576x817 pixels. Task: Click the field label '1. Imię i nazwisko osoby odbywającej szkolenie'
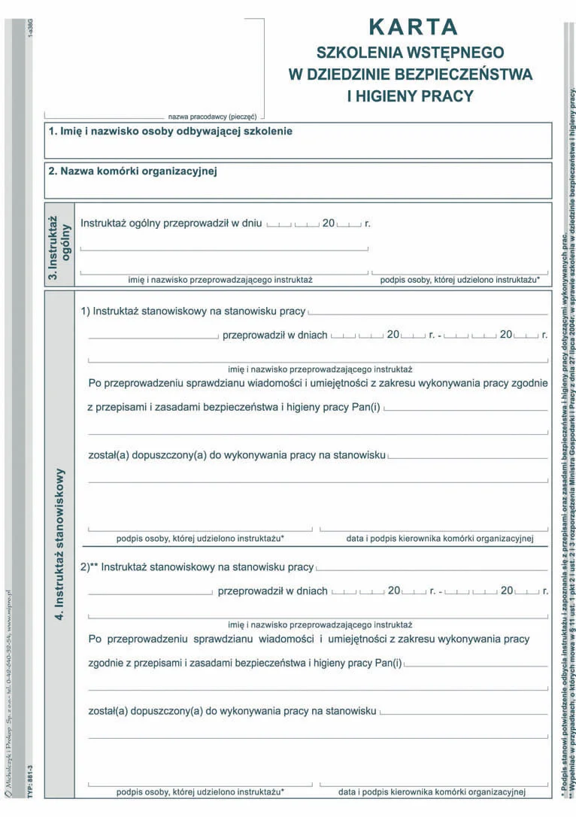point(171,131)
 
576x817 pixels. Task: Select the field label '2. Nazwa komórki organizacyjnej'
point(133,172)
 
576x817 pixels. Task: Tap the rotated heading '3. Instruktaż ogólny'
point(59,244)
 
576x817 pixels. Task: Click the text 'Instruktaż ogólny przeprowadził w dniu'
point(171,223)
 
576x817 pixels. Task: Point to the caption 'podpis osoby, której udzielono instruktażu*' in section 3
point(459,280)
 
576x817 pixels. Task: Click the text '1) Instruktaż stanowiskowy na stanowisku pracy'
point(193,311)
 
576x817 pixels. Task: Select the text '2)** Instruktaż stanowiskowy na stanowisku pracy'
point(197,567)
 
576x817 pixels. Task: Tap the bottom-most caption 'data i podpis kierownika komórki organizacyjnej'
point(432,792)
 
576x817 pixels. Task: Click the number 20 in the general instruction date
point(329,223)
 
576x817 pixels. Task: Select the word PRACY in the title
point(448,96)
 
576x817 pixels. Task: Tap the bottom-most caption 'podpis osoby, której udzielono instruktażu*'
point(200,792)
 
